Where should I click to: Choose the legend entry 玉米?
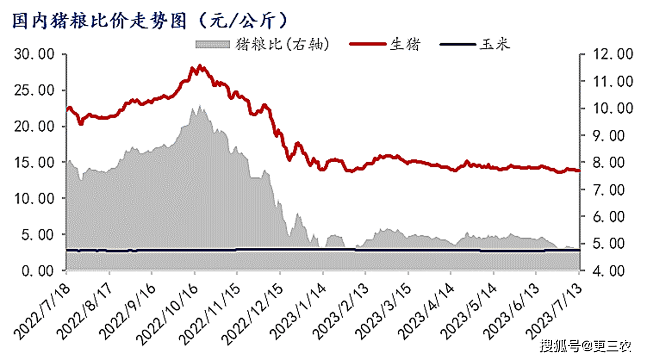(494, 44)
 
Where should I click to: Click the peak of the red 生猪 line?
(199, 66)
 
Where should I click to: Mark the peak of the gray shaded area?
(199, 106)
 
